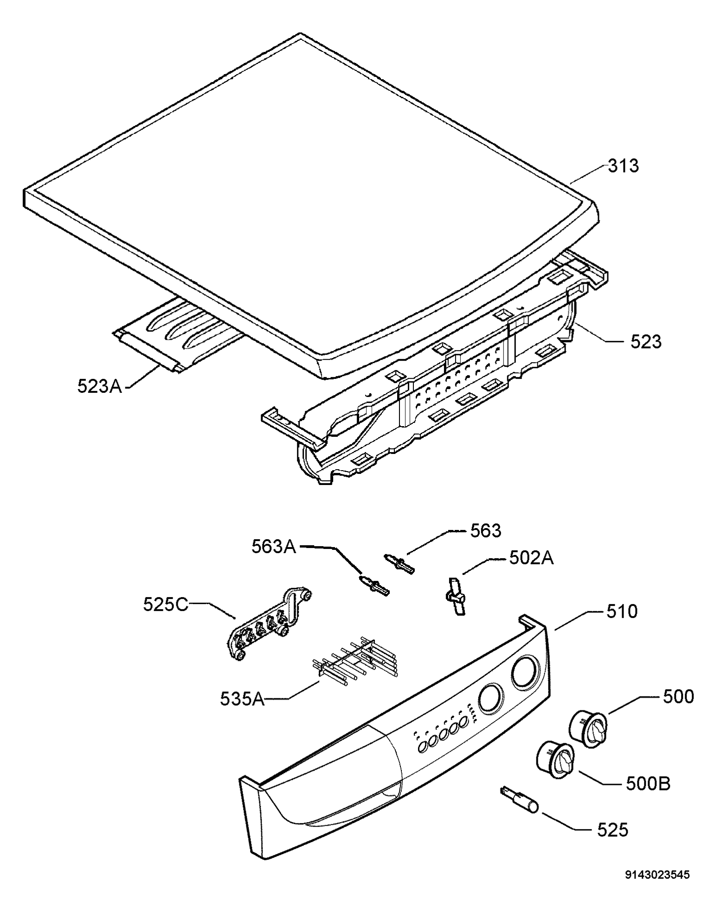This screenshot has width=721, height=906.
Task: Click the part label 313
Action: [624, 166]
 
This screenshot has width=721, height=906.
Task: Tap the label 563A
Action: [274, 547]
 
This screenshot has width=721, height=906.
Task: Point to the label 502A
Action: [532, 558]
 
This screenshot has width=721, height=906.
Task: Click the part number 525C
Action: [166, 604]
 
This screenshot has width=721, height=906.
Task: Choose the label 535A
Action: [242, 699]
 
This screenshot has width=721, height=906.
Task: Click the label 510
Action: [622, 611]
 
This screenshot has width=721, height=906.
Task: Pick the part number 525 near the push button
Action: [612, 829]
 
